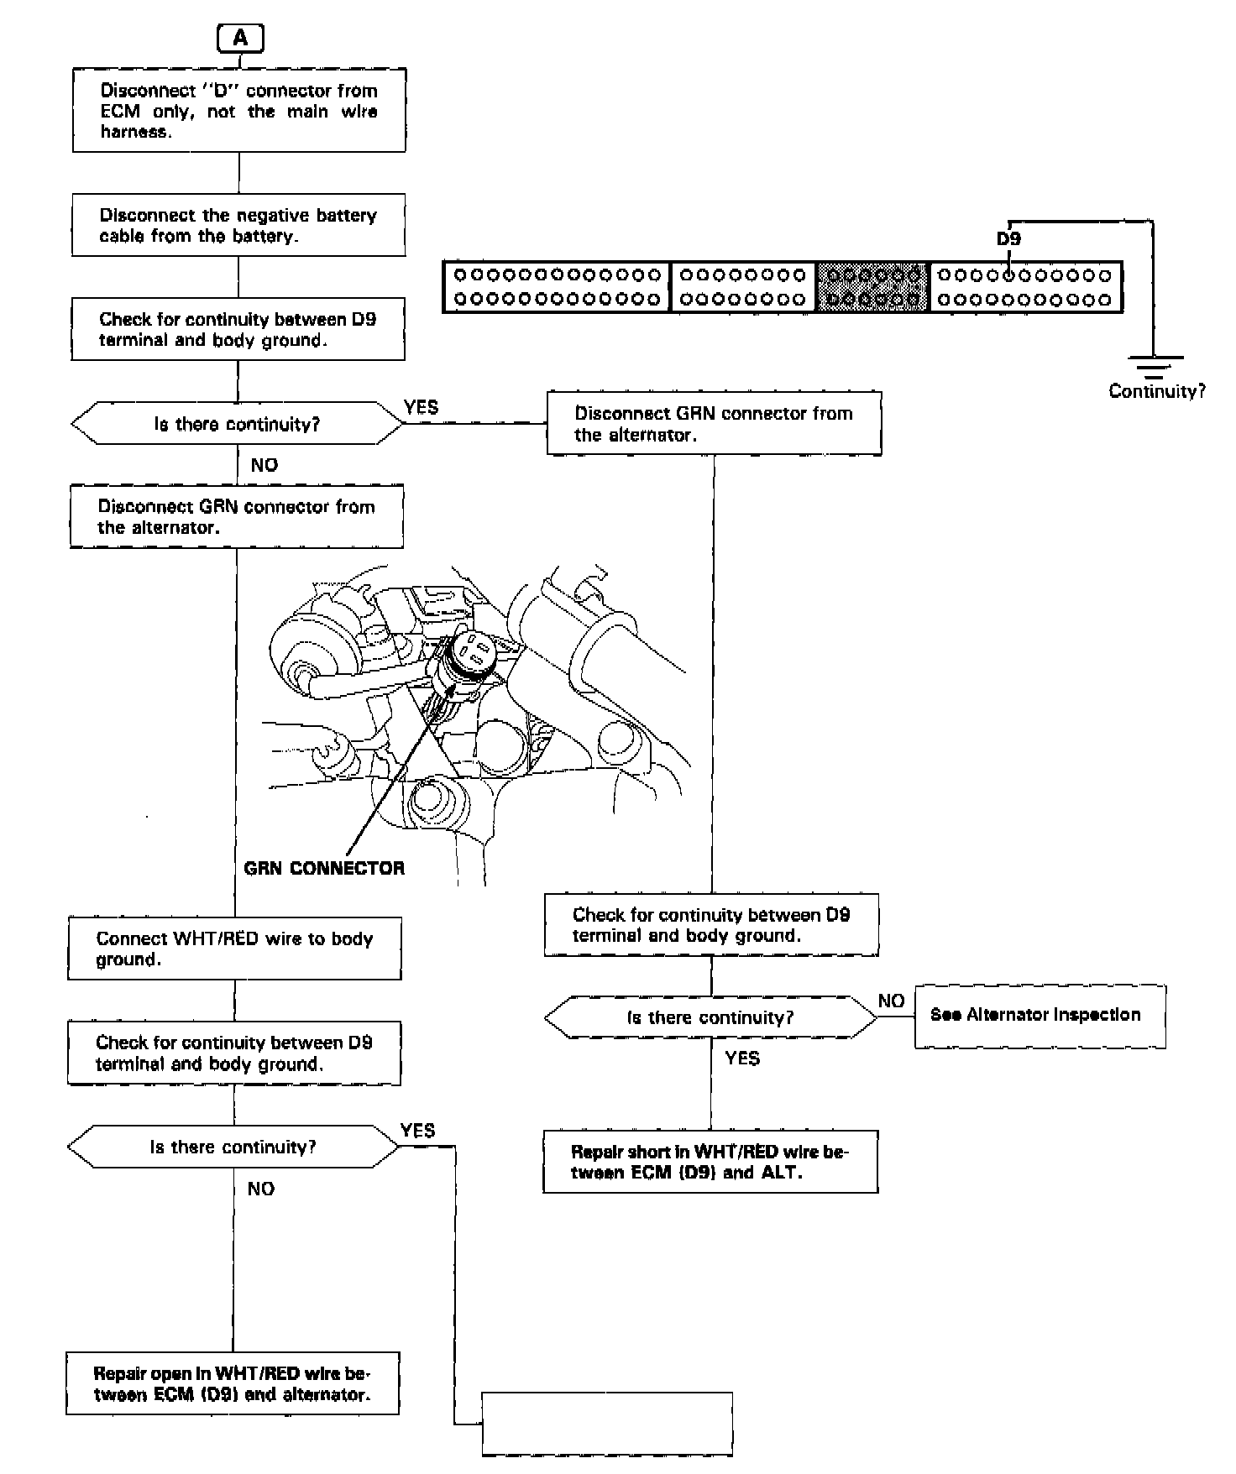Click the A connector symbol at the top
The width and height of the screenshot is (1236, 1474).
pos(240,39)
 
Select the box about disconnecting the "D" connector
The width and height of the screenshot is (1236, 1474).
pos(239,111)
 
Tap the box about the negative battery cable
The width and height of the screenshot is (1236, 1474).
pos(238,225)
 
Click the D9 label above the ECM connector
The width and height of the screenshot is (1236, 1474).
pos(1008,239)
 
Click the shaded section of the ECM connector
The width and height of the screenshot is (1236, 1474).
pos(873,286)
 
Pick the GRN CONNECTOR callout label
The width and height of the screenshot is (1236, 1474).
pos(324,868)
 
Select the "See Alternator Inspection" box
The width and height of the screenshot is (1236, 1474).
pos(1040,1016)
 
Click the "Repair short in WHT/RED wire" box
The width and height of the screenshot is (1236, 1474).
pos(710,1162)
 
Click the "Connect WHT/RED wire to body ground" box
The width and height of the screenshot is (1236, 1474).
pos(235,949)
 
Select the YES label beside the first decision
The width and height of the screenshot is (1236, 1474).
pos(421,407)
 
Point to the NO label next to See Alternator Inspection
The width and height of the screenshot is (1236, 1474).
pos(891,1001)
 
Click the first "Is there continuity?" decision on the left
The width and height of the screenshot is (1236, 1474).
pos(237,424)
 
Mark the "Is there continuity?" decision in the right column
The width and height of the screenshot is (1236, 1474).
pos(710,1018)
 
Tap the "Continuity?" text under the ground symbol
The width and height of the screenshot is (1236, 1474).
pos(1157,391)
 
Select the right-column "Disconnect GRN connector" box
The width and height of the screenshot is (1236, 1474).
pos(714,424)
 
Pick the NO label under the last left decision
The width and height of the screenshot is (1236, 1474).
pos(261,1189)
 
